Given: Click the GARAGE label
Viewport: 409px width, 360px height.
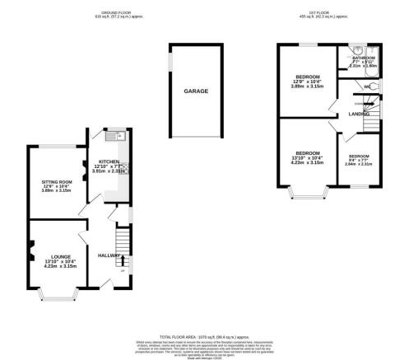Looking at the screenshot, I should [x=195, y=91].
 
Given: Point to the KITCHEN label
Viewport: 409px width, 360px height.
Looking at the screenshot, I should [x=110, y=162].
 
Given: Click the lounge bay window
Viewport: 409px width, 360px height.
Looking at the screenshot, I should [x=58, y=292].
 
